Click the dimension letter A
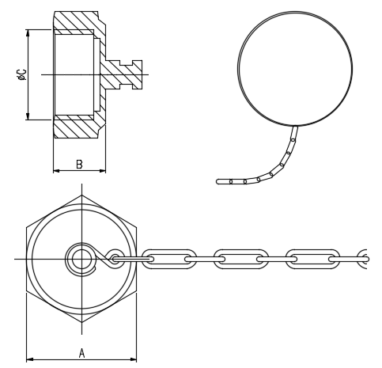coord(81,353)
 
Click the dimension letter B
coord(79,164)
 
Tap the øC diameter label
coord(21,74)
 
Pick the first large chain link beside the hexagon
coord(168,259)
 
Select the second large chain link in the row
coord(241,259)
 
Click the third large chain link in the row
coord(313,259)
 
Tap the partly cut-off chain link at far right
coord(362,259)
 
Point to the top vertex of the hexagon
coord(81,195)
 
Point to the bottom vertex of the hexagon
coord(81,322)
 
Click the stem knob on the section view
coord(137,74)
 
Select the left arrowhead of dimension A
coord(29,359)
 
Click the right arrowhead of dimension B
coord(102,171)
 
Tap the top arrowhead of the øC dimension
coord(28,33)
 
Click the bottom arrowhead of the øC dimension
coord(28,116)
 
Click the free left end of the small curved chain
coord(217,181)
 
